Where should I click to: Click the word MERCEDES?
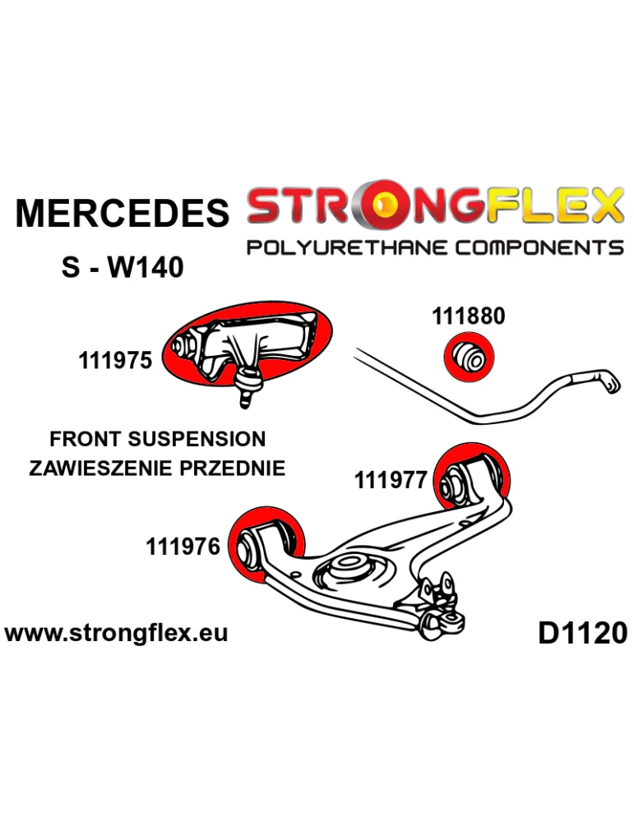click(122, 214)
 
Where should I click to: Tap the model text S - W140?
click(123, 266)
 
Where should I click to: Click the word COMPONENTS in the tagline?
click(539, 247)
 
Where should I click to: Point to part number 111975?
click(115, 360)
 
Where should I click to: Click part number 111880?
click(469, 316)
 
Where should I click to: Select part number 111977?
click(391, 479)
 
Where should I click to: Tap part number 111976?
click(183, 546)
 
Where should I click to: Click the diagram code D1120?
click(582, 633)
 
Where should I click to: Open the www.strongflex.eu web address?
click(116, 634)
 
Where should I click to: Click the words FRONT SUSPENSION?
click(158, 439)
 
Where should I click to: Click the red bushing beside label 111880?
click(469, 356)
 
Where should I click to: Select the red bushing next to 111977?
click(474, 480)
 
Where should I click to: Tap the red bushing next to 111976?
click(267, 543)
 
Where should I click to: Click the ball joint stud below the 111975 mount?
click(247, 388)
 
